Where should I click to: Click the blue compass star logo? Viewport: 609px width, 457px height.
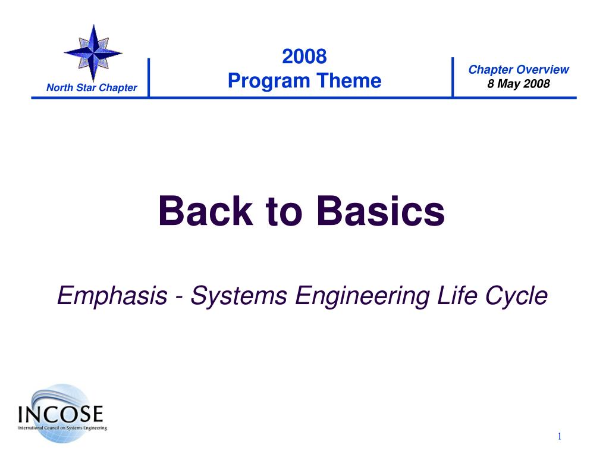93,53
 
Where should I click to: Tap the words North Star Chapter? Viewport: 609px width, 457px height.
92,88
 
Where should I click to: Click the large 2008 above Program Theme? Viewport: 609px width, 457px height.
304,57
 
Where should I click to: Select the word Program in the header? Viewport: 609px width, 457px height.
269,81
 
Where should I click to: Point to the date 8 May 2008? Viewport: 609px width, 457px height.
519,83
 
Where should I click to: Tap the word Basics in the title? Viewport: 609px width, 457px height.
381,211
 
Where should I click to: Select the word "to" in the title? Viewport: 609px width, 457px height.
284,212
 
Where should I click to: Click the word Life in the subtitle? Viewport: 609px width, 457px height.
457,295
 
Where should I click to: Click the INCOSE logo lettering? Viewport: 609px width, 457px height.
61,414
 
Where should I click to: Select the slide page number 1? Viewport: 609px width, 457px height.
559,436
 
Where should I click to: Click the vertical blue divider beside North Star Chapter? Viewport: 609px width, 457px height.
149,77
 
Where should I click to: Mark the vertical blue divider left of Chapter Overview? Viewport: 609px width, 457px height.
453,77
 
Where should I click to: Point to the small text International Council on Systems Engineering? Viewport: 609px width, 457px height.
62,428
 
